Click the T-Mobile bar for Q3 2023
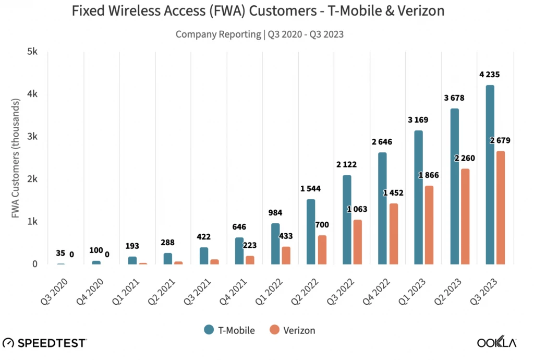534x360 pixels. click(490, 175)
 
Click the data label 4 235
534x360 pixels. click(489, 75)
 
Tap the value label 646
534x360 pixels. click(239, 227)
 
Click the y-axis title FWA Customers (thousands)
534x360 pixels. click(17, 158)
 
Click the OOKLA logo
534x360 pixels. click(497, 343)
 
